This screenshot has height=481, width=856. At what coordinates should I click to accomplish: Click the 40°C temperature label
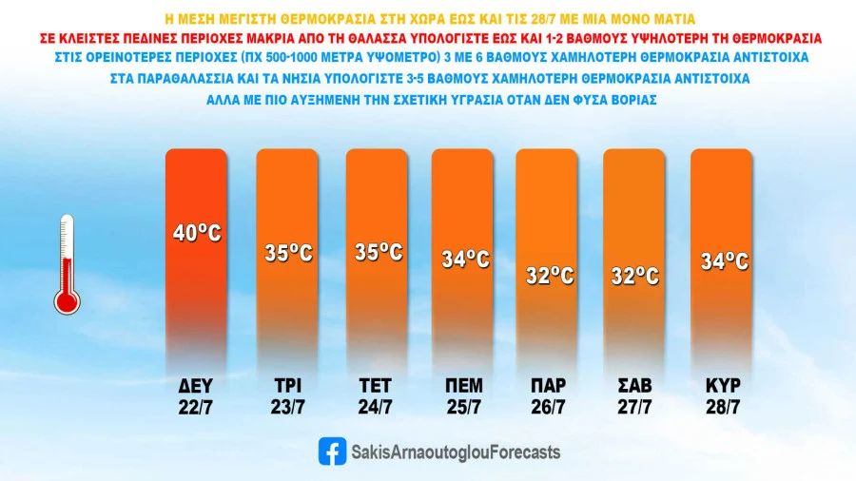point(197,232)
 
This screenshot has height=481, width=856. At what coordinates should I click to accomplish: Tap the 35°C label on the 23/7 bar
point(288,254)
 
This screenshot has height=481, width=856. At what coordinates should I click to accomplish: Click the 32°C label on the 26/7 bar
point(549,276)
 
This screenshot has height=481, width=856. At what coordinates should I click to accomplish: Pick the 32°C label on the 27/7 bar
point(635,276)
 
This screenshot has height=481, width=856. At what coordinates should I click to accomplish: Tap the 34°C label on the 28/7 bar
point(723,260)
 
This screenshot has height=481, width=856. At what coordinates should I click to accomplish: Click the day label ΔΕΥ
point(197,386)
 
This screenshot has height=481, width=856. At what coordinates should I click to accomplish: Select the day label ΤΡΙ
point(287,386)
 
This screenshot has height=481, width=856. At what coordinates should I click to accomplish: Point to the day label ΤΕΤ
point(377,386)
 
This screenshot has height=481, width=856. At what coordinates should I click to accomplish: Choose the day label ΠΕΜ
point(464,386)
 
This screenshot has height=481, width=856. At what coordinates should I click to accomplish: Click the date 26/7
point(549,408)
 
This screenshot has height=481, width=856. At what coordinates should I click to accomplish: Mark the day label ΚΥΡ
point(723,386)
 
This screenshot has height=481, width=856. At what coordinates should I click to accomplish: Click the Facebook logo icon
point(332,452)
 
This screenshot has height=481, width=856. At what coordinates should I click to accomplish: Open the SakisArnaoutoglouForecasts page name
point(456,452)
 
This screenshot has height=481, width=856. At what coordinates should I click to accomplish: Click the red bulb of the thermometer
point(67,301)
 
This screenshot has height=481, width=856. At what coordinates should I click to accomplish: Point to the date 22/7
point(197,408)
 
